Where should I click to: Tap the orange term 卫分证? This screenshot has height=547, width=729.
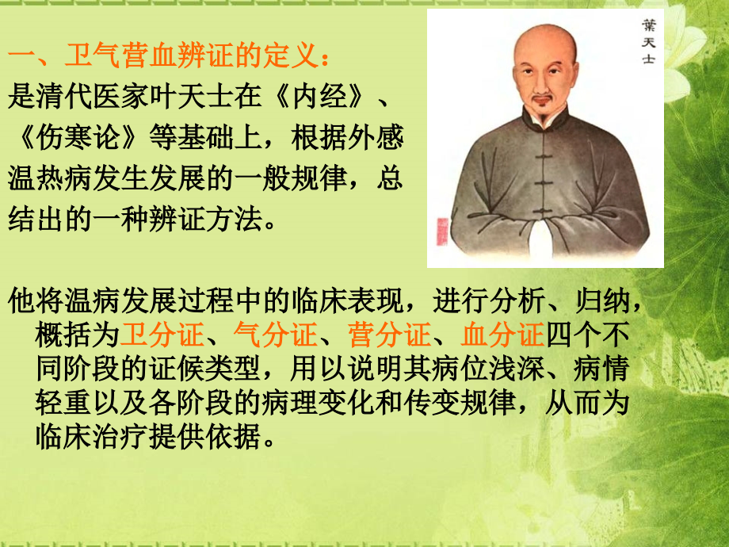pos(162,336)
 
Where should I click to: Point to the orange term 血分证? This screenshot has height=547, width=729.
pos(503,336)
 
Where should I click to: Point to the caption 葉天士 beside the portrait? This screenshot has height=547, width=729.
pos(647,44)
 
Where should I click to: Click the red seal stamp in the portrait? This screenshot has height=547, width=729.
pos(442,231)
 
